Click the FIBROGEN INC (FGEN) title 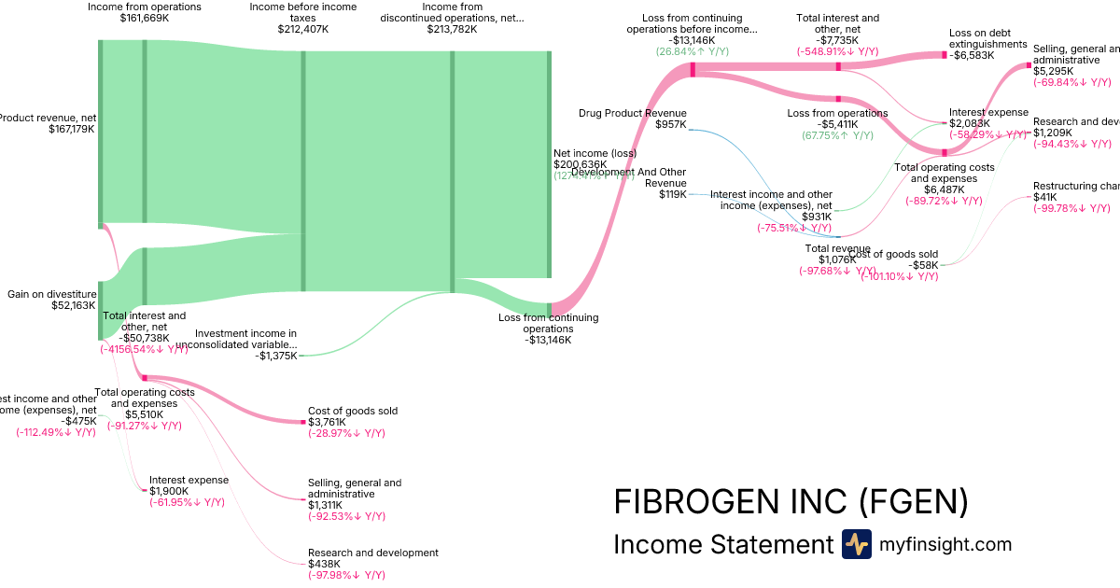pos(791,502)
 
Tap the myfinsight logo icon pos(856,544)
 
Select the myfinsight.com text pos(945,544)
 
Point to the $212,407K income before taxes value pos(302,29)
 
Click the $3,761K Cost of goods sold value pos(326,422)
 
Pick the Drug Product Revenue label pos(633,113)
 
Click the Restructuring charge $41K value pos(1044,197)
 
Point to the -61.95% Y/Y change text pos(187,502)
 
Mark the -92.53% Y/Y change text pos(346,516)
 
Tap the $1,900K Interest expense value pos(169,491)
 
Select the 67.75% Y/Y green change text pos(837,135)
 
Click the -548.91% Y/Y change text pos(837,51)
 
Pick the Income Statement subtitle pos(722,545)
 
